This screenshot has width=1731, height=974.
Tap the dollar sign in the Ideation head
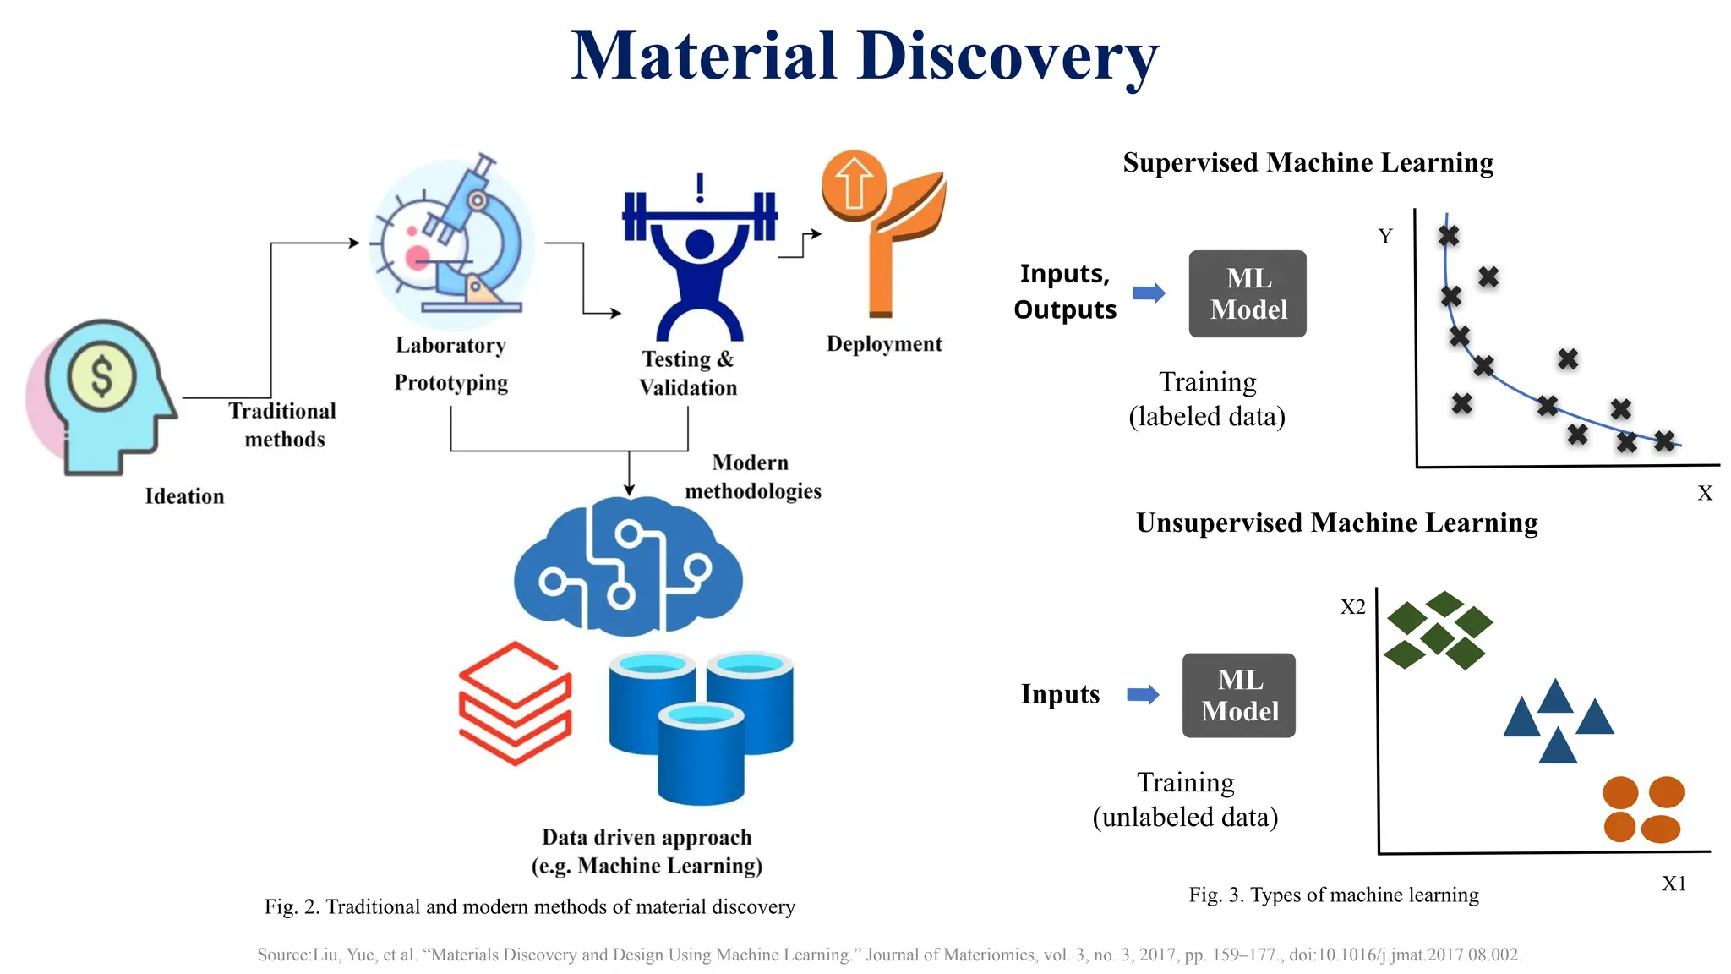[x=101, y=375]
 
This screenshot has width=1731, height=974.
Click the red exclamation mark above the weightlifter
[x=700, y=188]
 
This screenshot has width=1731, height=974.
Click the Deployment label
[x=883, y=344]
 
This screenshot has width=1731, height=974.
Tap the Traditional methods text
[x=283, y=424]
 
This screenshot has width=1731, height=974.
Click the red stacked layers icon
[x=515, y=703]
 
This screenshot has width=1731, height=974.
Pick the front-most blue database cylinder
[x=701, y=754]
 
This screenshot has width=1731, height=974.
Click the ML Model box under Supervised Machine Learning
[x=1248, y=293]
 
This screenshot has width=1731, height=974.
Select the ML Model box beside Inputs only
[x=1239, y=695]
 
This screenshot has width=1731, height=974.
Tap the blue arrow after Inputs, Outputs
[x=1149, y=293]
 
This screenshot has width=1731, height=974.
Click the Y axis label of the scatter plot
[x=1384, y=236]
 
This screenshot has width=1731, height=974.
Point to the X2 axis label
[x=1352, y=606]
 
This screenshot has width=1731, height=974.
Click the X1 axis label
[x=1673, y=884]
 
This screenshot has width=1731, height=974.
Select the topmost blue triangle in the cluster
[x=1555, y=698]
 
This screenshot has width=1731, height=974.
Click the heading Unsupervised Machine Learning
[x=1336, y=523]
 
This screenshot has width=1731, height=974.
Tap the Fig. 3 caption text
[x=1334, y=895]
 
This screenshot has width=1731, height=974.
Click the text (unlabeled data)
[x=1185, y=817]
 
